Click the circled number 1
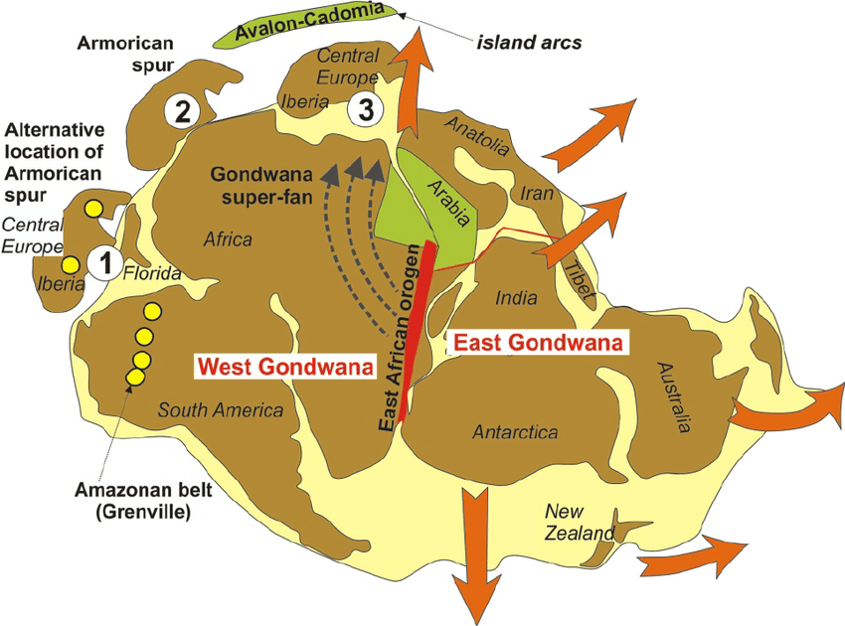(103, 264)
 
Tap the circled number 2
(181, 110)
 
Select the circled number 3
(366, 111)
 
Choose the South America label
(221, 409)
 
